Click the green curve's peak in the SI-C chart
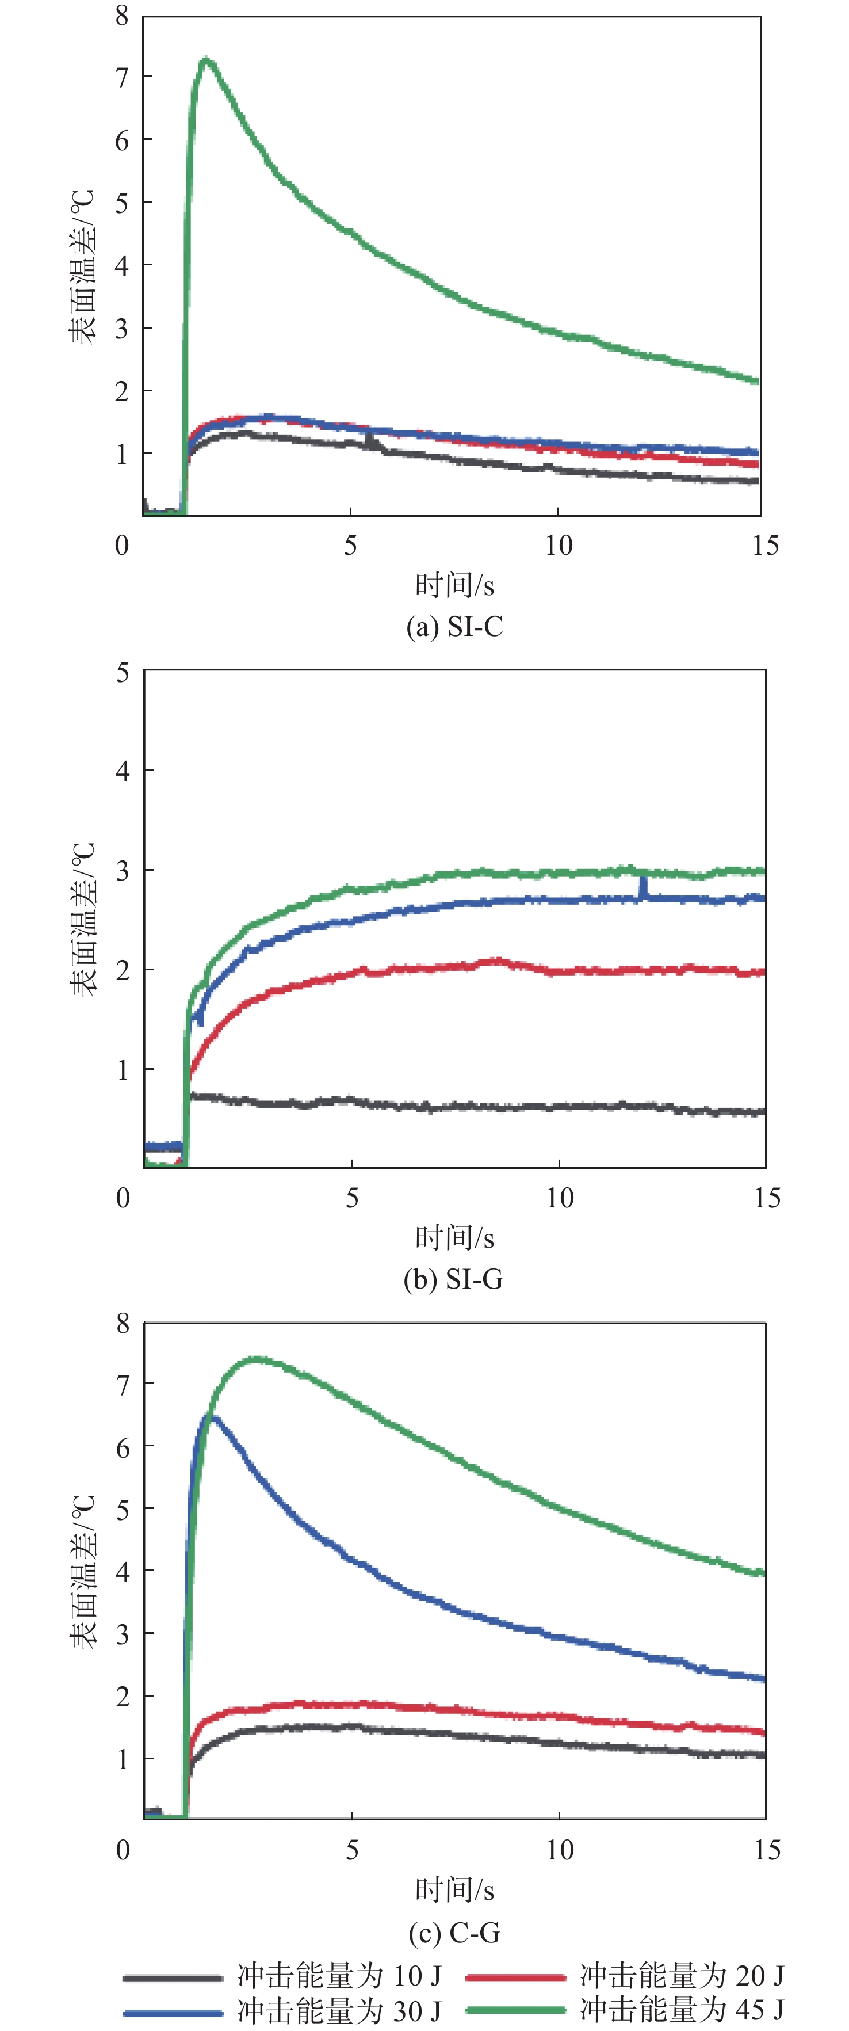pos(206,59)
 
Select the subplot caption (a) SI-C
pos(454,627)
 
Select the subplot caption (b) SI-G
pos(453,1279)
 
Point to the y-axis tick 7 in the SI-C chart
pos(121,77)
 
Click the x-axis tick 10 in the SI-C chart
pos(558,546)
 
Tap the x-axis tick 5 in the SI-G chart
pos(351,1198)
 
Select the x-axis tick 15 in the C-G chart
pos(766,1850)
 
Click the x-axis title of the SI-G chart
pos(454,1238)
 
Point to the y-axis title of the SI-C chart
pos(82,266)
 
